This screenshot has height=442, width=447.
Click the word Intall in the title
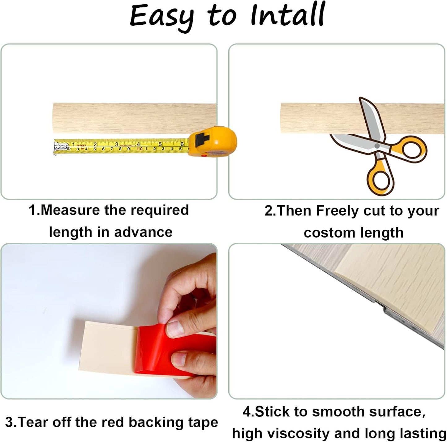[x=287, y=15]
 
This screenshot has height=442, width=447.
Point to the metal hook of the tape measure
[x=57, y=147]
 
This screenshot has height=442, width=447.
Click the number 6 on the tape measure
[x=182, y=144]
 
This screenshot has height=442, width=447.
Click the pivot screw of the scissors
[x=377, y=145]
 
